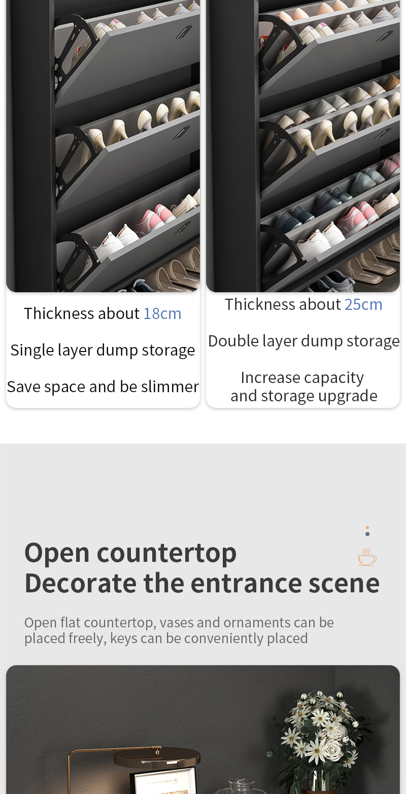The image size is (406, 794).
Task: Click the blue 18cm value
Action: [x=162, y=314]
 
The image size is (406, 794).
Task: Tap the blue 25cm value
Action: [x=363, y=304]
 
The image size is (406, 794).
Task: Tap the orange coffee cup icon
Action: [x=367, y=557]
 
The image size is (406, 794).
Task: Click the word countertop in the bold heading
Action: [x=166, y=553]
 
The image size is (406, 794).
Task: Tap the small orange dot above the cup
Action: [x=367, y=528]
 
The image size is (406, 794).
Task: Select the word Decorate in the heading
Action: [x=81, y=584]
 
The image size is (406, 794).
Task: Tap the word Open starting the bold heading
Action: [x=57, y=553]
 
